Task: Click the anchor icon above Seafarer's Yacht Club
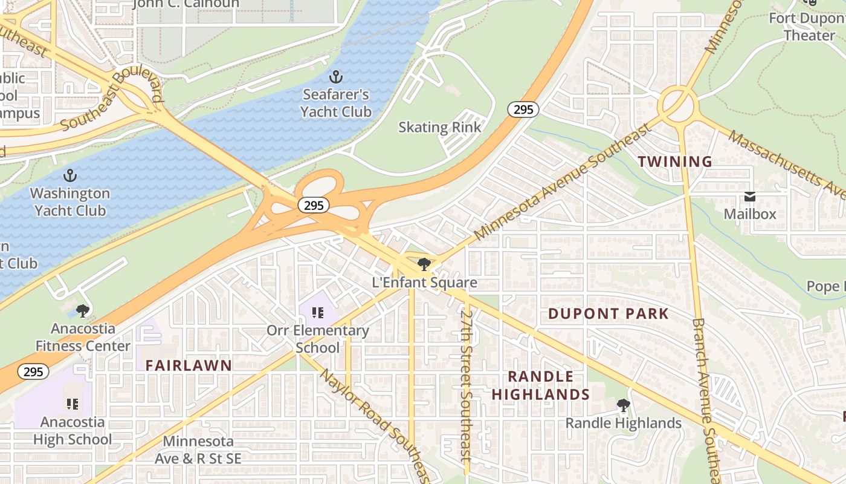coord(335,77)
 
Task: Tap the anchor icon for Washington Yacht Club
coord(71,175)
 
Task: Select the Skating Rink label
coord(440,128)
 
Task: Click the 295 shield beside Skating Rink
coord(523,110)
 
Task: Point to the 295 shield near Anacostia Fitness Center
coord(33,371)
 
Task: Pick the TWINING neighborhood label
coord(675,162)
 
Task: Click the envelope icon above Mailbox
coord(750,197)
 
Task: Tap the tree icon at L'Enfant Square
coord(424,264)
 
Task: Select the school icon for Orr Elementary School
coord(318,313)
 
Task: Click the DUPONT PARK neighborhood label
coord(609,314)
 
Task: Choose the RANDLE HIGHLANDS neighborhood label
coord(541,385)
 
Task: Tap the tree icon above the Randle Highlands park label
coord(623,405)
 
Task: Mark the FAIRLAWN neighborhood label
coord(189,365)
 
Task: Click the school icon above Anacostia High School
coord(73,404)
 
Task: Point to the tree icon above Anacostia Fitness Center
coord(83,311)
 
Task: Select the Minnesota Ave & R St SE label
coord(198,450)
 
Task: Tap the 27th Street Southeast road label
coord(466,393)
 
